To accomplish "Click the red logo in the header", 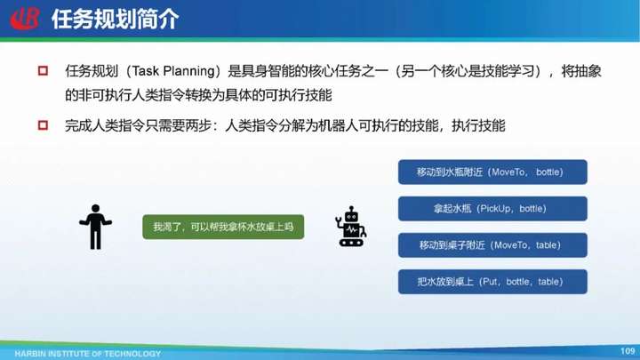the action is (25, 19).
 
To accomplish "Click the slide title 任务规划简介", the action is (115, 20).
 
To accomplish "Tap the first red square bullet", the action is (43, 70).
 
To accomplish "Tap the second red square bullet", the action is (43, 125).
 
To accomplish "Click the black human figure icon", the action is (95, 227).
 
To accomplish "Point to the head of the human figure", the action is (95, 209).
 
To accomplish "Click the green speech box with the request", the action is (223, 227).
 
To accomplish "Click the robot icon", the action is (350, 227).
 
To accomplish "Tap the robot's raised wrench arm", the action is (339, 222).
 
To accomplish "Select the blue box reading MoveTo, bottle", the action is (492, 172).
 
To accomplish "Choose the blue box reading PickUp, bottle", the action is (492, 209).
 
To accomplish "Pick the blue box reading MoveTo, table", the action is (492, 245).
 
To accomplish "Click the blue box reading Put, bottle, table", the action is (492, 282).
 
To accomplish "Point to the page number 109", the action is (628, 351).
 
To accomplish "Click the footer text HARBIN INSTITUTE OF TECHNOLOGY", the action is (88, 354).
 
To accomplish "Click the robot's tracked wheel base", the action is (351, 243).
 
